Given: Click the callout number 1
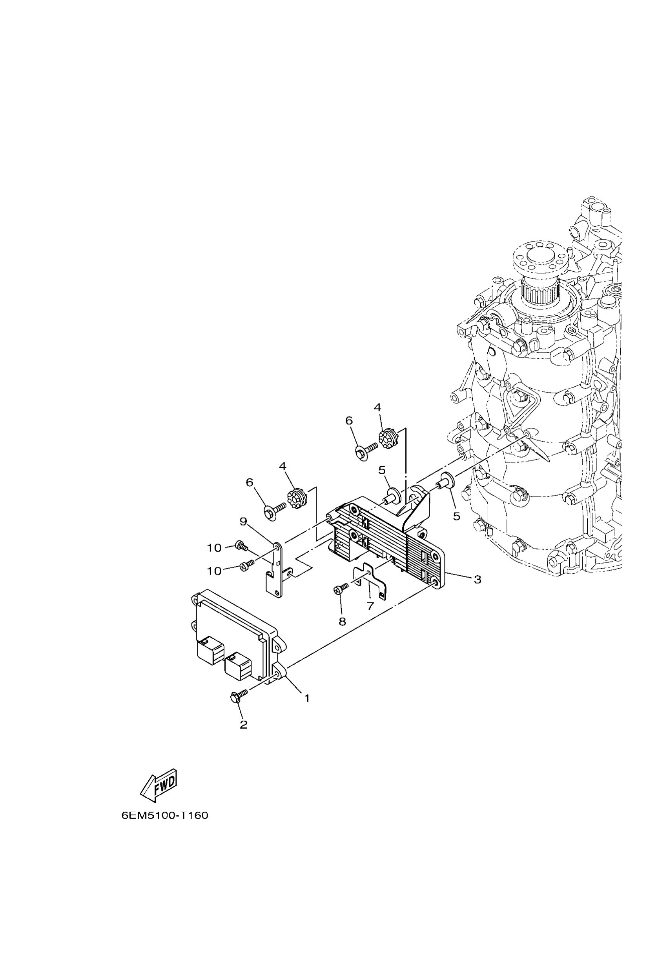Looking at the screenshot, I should pyautogui.click(x=306, y=698).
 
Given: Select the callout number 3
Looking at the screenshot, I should pyautogui.click(x=478, y=580).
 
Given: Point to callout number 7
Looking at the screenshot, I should pyautogui.click(x=370, y=606).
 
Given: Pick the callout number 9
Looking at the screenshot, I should pyautogui.click(x=243, y=522).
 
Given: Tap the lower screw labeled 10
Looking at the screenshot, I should pyautogui.click(x=245, y=566).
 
